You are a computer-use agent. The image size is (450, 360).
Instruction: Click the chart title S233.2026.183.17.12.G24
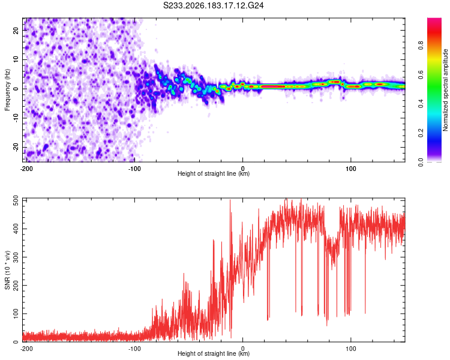213,5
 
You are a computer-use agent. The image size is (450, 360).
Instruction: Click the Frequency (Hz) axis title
7,90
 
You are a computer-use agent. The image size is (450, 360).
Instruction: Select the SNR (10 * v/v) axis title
7,270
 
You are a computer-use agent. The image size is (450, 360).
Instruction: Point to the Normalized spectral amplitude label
445,90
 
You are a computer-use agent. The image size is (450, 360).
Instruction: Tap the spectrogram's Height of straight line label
214,173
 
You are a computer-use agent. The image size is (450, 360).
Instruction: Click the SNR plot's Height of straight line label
214,353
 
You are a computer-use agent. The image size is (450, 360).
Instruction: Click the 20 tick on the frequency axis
16,31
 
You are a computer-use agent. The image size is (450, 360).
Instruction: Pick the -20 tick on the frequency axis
16,148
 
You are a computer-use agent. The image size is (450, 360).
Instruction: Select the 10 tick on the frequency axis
16,59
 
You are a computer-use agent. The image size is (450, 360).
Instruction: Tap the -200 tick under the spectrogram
26,169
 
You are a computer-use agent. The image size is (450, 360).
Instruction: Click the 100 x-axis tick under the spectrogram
351,169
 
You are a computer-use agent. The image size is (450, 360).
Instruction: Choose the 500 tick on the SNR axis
16,200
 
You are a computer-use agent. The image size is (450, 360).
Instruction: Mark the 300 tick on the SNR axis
16,257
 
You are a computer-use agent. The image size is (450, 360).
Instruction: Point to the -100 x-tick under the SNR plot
134,349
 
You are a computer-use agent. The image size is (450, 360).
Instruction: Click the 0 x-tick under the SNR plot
243,349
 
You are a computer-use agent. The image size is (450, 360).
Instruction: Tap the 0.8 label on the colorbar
421,46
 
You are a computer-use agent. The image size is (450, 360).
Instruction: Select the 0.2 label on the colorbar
421,133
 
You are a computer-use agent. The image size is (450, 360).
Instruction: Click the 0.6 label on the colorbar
421,74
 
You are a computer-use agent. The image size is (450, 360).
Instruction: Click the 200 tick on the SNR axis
16,285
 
